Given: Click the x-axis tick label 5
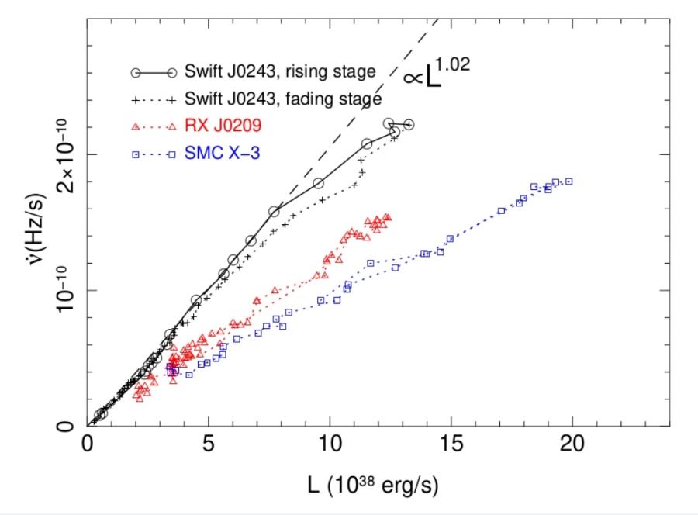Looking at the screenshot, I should (x=209, y=447).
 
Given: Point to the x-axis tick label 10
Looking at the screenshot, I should (x=330, y=447).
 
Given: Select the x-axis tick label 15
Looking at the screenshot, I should (x=451, y=447).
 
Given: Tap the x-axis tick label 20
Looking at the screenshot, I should (x=572, y=447).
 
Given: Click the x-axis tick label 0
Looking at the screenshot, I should (x=88, y=447).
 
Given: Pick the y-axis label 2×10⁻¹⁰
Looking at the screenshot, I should (x=67, y=155).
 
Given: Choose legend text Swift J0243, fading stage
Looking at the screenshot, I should (x=283, y=99).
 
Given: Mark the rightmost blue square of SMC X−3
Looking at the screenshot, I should (x=569, y=181).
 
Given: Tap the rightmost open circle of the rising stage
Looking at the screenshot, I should (x=409, y=125).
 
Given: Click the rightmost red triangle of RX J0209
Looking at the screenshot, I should (x=388, y=218).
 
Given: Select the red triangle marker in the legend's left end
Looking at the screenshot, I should (x=135, y=126).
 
